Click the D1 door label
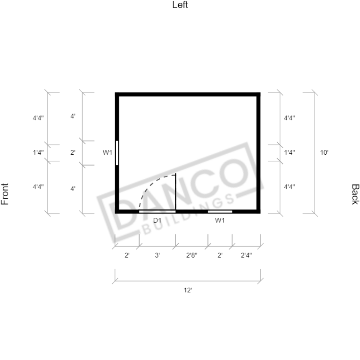pyautogui.click(x=157, y=220)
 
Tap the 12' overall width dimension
pyautogui.click(x=188, y=290)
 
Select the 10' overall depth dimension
pyautogui.click(x=324, y=152)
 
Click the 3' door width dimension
pyautogui.click(x=157, y=255)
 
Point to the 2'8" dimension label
pyautogui.click(x=192, y=255)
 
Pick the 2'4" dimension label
pyautogui.click(x=246, y=255)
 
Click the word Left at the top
pyautogui.click(x=180, y=5)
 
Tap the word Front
pyautogui.click(x=5, y=194)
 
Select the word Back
pyautogui.click(x=355, y=194)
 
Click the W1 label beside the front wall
pyautogui.click(x=107, y=152)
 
